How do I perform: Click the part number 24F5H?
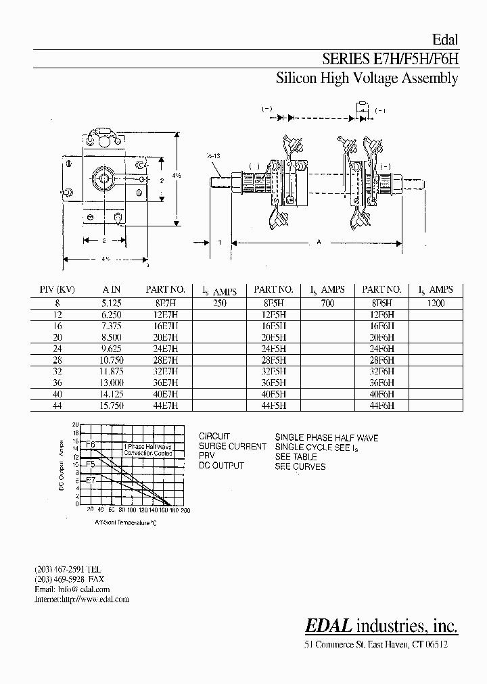pos(273,349)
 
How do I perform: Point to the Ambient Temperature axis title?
pos(125,522)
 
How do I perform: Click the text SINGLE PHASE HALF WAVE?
pos(327,437)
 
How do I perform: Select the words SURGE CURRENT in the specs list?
pos(232,447)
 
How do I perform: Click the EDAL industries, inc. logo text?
pos(381,626)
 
